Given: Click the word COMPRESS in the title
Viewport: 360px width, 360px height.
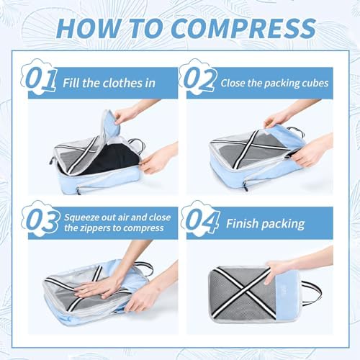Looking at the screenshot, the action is coord(243,28).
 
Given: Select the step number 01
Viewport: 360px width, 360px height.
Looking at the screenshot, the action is coord(41,79).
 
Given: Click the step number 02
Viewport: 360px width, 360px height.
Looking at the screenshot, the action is coord(199,79).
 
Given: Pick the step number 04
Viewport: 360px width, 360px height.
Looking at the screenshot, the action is coord(202,220).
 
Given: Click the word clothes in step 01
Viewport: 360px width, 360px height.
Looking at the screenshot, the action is coord(122,83).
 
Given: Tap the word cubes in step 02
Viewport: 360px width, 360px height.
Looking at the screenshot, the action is coord(315,84).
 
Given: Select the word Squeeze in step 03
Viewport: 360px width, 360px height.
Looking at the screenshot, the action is coord(81,218).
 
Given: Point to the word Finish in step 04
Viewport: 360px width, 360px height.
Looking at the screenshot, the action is coord(242,223).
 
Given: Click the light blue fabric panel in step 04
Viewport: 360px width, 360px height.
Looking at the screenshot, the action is coord(287,297).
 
